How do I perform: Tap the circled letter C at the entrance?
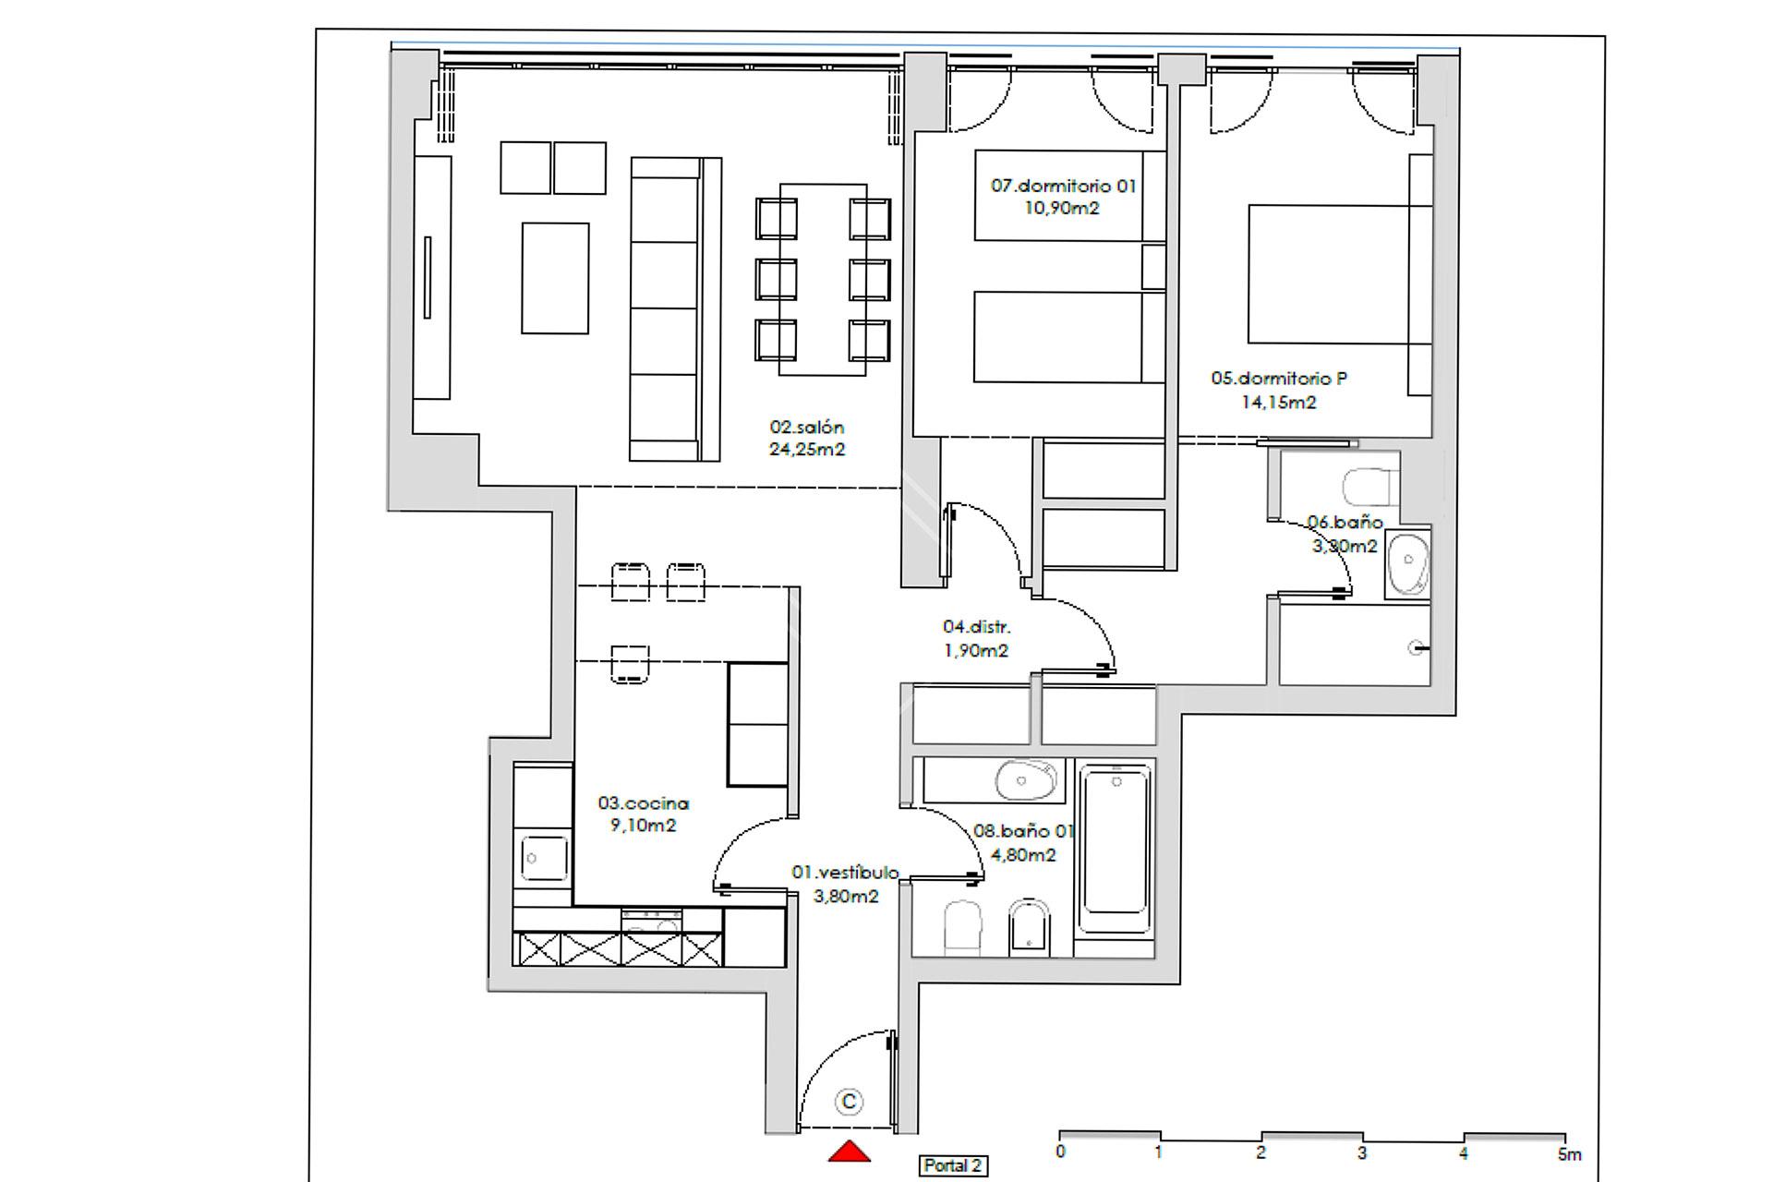848,1102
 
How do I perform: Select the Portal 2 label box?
953,1165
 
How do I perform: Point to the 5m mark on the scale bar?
1569,1153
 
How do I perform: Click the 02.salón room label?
807,428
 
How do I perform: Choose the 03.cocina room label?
643,803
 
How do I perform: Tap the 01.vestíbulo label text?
845,873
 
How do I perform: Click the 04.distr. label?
976,627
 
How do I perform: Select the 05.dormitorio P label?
1279,379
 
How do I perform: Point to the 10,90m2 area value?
1062,208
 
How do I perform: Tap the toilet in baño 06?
1370,488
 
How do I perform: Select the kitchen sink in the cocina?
545,858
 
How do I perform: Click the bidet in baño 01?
1029,927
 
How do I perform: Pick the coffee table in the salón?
555,278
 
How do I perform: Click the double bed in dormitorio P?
1330,274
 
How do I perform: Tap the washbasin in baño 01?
1025,780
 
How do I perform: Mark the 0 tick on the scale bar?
1060,1152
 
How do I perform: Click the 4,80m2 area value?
1023,855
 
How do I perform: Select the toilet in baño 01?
962,927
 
